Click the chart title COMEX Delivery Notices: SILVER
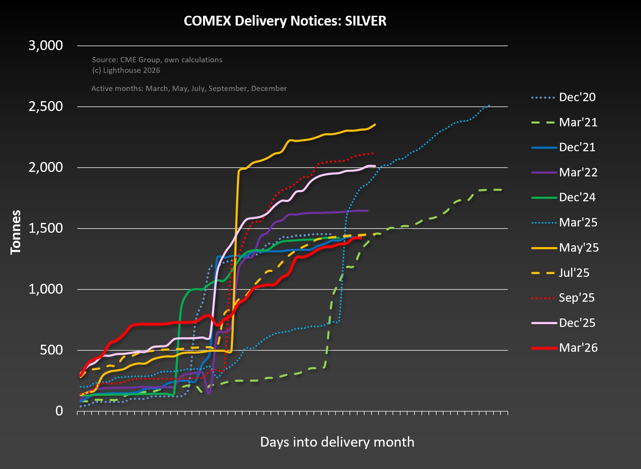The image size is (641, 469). click(x=285, y=21)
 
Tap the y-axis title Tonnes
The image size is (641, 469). click(x=16, y=232)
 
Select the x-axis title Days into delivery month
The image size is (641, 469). click(x=337, y=442)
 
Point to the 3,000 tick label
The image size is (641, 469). click(x=45, y=45)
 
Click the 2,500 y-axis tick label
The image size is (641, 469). click(x=45, y=106)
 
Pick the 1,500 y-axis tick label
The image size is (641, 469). click(x=45, y=228)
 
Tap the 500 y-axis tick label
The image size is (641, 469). click(x=51, y=350)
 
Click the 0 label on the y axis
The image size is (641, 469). click(x=59, y=411)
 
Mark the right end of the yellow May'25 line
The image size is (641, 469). click(x=375, y=124)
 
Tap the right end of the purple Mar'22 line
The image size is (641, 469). click(x=368, y=211)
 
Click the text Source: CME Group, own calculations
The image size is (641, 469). click(x=157, y=60)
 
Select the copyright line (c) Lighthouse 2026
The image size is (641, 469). click(x=126, y=70)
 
